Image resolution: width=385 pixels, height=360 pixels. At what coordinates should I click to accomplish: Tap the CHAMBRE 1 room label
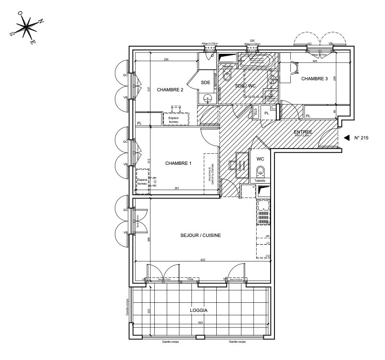(x=178, y=163)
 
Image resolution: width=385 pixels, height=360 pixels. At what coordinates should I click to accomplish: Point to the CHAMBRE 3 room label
(x=314, y=79)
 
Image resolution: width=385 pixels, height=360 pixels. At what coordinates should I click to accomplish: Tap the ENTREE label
(x=303, y=132)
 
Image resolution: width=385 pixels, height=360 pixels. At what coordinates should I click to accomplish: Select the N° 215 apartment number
(x=361, y=138)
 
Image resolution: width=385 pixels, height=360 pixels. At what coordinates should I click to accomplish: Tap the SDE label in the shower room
(x=206, y=83)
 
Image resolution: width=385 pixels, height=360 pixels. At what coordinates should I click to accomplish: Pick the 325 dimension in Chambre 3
(x=315, y=62)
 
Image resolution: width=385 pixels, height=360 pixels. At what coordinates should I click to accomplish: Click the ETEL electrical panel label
(x=255, y=112)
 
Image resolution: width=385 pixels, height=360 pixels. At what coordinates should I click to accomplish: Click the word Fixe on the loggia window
(x=190, y=279)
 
